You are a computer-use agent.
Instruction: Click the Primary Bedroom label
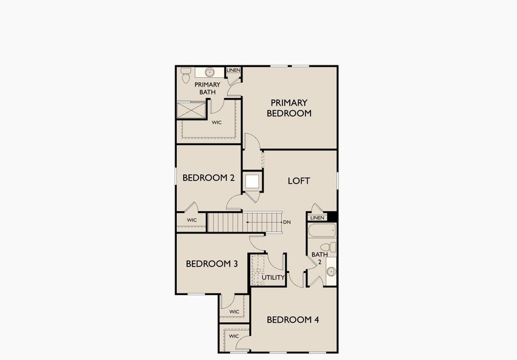pos(288,108)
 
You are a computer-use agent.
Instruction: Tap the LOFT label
pos(299,181)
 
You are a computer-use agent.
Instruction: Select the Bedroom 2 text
pos(208,178)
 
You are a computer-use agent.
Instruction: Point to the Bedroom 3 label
pos(212,264)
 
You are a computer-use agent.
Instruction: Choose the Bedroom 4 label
pos(293,320)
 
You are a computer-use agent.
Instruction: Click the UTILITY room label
pos(273,277)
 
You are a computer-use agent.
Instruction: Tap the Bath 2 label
pos(316,258)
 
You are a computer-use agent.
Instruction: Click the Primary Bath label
pos(208,88)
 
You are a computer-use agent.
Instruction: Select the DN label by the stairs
pos(287,223)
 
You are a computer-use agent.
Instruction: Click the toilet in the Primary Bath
pos(185,74)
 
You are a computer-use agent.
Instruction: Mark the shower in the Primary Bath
pos(190,111)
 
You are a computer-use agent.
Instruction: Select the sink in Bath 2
pos(330,272)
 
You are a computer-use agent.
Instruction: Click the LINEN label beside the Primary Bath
pos(233,70)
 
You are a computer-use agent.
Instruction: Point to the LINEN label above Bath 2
pos(317,217)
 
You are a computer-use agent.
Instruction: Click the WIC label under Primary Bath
pos(217,122)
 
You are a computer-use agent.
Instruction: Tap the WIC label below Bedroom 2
pos(191,220)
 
